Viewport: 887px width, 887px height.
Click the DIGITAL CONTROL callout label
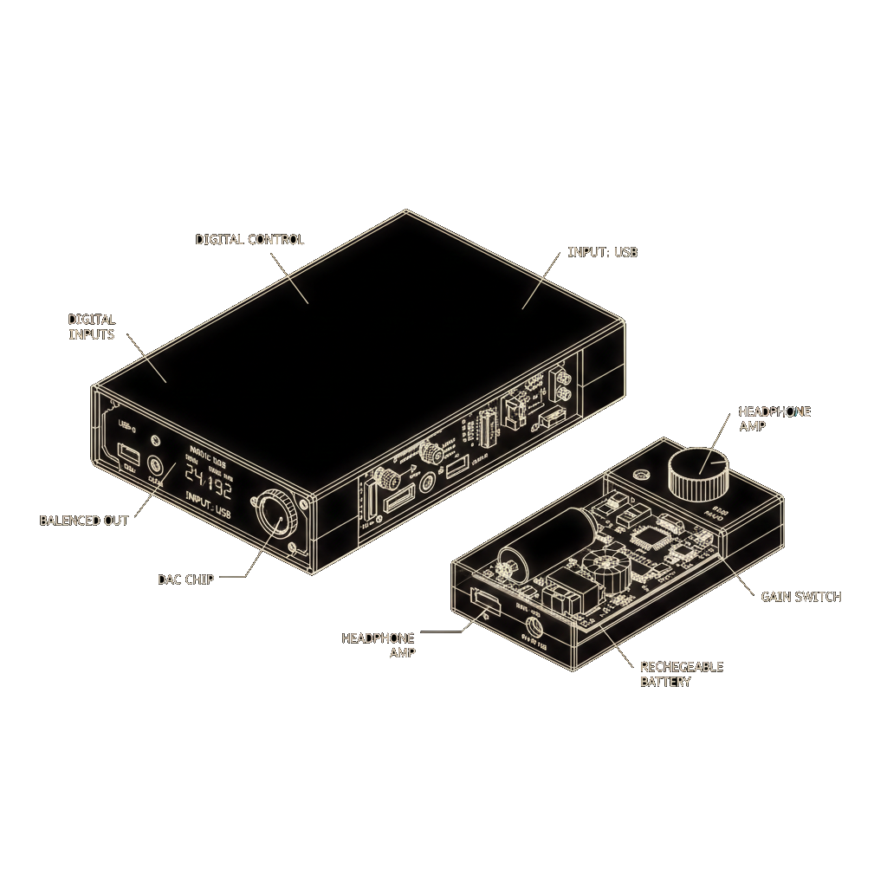[x=250, y=239]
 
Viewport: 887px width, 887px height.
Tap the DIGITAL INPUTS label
[x=91, y=327]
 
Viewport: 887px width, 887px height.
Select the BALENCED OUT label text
[x=84, y=521]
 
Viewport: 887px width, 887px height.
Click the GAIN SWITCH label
[x=800, y=597]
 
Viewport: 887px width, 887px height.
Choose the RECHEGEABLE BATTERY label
[x=681, y=674]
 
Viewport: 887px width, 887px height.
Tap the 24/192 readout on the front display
[x=210, y=489]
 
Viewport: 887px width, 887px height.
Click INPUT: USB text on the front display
[x=210, y=513]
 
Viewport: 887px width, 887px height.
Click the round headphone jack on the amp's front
[x=532, y=625]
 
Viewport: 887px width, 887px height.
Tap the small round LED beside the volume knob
[x=641, y=475]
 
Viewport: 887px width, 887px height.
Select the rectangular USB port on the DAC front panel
[x=129, y=454]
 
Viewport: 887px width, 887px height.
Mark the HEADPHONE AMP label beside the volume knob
[x=774, y=419]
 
